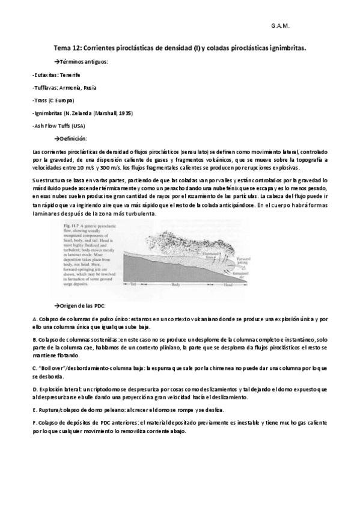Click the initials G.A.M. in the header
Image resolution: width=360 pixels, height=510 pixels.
280,27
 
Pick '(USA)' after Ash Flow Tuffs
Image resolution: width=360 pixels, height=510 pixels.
79,125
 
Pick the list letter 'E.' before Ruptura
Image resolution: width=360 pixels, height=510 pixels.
34,409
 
